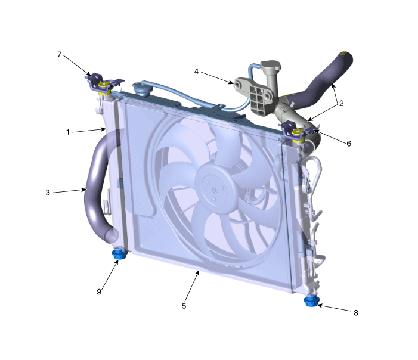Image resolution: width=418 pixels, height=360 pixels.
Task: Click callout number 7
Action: (x=59, y=55)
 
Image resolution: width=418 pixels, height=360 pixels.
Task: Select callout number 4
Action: (x=196, y=72)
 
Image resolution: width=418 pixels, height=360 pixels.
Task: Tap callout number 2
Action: (x=341, y=103)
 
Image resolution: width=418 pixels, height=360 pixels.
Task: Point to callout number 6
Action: (x=349, y=144)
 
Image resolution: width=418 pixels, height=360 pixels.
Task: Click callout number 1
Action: (x=68, y=132)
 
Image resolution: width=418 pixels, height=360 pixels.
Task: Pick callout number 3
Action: (x=48, y=193)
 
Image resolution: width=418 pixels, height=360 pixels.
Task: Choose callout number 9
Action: (x=99, y=292)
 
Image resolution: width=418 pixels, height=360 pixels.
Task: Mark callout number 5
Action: (x=184, y=306)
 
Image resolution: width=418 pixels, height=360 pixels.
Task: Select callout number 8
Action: (x=355, y=313)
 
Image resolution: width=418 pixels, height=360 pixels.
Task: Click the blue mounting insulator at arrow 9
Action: (x=119, y=253)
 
